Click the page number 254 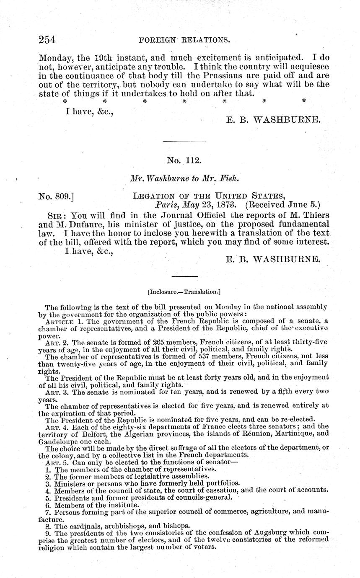(47, 40)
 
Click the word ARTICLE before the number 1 (60, 321)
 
